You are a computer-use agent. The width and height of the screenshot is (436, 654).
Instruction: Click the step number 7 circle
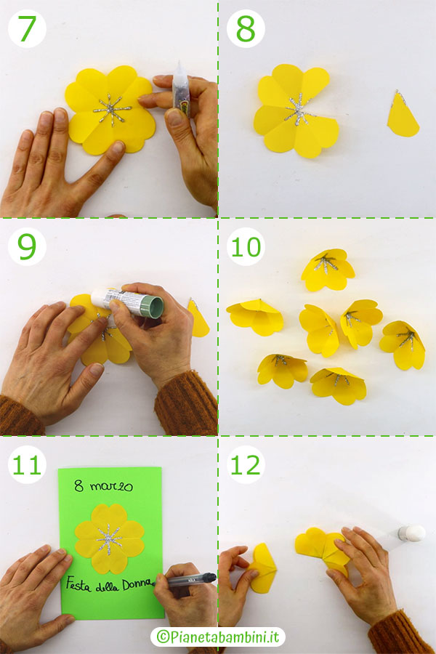(x=27, y=29)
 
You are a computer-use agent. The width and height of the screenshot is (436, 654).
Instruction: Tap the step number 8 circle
(x=246, y=29)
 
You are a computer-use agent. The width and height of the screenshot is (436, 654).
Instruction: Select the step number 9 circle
(x=27, y=246)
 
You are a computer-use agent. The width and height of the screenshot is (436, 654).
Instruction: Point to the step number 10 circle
(x=246, y=246)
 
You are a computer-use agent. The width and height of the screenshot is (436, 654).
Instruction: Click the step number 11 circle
(x=27, y=464)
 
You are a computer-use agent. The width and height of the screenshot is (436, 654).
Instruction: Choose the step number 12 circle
(x=246, y=464)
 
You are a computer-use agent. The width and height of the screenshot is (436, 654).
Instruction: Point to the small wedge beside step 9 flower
(x=198, y=318)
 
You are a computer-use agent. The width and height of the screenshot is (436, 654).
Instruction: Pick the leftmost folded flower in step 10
(x=254, y=316)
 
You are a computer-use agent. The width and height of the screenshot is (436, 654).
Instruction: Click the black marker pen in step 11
(x=190, y=579)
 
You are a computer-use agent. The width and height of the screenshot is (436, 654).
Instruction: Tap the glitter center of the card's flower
(x=109, y=538)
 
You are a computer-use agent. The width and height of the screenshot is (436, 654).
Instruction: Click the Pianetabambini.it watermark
(x=218, y=637)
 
